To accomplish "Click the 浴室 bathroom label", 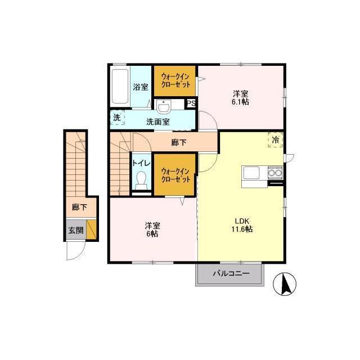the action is (x=141, y=87).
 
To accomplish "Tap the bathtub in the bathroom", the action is (x=120, y=87).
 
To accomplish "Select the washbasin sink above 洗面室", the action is (x=163, y=106).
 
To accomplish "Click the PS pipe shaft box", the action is (x=191, y=103).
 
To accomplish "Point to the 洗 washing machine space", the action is (x=118, y=118).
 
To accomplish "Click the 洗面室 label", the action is (x=158, y=121).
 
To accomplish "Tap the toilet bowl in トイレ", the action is (x=141, y=180).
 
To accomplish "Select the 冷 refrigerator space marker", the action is (x=276, y=140).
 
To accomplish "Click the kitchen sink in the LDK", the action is (x=251, y=173).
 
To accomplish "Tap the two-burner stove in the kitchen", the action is (x=275, y=173).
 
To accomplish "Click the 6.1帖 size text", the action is (x=240, y=102).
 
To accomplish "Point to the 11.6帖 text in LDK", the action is (x=242, y=229).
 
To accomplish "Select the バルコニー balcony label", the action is (x=231, y=273).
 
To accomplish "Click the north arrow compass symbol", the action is (x=285, y=284).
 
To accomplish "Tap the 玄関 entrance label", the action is (x=76, y=230).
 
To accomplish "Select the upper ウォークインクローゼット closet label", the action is (x=175, y=80).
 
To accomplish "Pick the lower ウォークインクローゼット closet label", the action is (x=175, y=175).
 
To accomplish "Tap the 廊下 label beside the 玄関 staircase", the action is (x=79, y=208).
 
